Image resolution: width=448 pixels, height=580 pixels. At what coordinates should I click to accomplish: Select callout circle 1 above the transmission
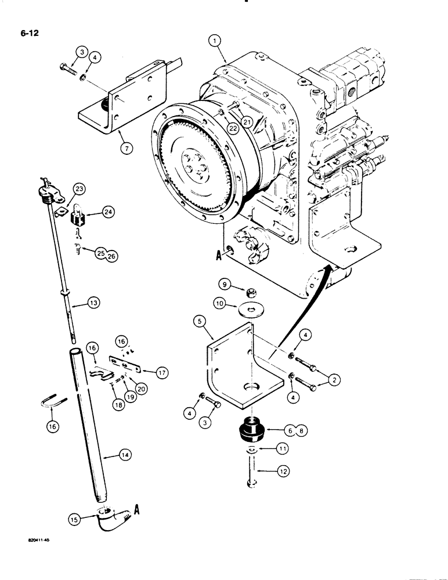point(215,41)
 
